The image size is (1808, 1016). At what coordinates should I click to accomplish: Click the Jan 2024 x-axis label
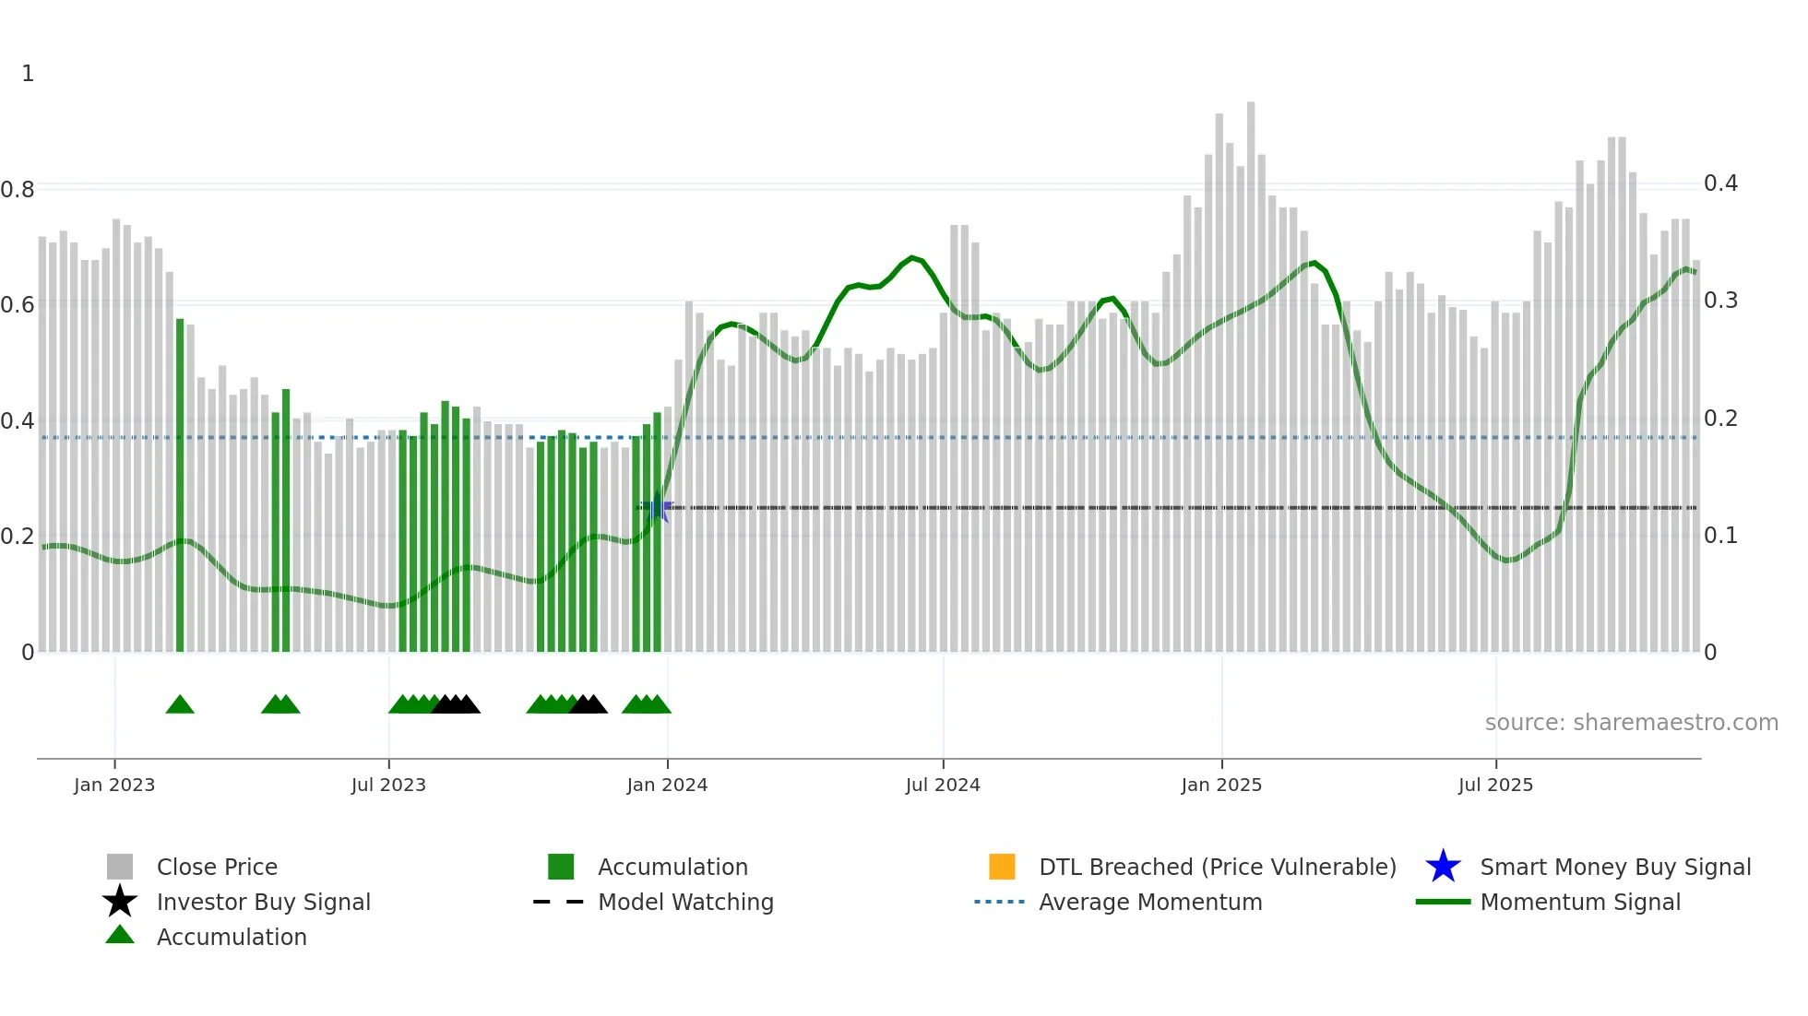tap(667, 785)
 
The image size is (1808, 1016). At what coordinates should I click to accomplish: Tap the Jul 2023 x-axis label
tap(388, 785)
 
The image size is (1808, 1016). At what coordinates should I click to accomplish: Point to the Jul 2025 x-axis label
tap(1495, 785)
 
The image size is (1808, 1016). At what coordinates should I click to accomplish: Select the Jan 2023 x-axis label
tap(114, 785)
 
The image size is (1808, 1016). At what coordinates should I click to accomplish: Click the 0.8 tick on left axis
tap(18, 190)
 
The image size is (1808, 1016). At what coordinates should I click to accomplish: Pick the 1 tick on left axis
tap(28, 74)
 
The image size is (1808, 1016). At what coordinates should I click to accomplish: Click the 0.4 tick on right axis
tap(1720, 183)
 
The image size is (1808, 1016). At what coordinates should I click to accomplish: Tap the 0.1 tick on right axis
tap(1720, 536)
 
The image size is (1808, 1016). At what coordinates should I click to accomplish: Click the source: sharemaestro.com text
tap(1631, 723)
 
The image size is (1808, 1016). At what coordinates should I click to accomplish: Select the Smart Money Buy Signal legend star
tap(1443, 867)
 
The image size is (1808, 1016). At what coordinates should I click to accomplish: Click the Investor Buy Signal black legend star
tap(120, 902)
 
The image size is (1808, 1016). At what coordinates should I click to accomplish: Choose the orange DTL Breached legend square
tap(1002, 867)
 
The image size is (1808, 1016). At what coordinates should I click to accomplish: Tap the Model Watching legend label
tap(685, 902)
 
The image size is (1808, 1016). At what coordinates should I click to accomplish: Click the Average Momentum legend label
tap(1150, 902)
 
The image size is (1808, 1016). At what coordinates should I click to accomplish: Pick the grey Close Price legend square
tap(120, 867)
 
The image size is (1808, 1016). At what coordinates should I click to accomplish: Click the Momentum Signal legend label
tap(1580, 902)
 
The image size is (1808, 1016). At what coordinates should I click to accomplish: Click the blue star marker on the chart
tap(657, 508)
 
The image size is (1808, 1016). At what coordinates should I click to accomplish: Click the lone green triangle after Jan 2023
tap(180, 705)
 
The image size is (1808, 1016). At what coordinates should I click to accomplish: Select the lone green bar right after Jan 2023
tap(180, 484)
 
